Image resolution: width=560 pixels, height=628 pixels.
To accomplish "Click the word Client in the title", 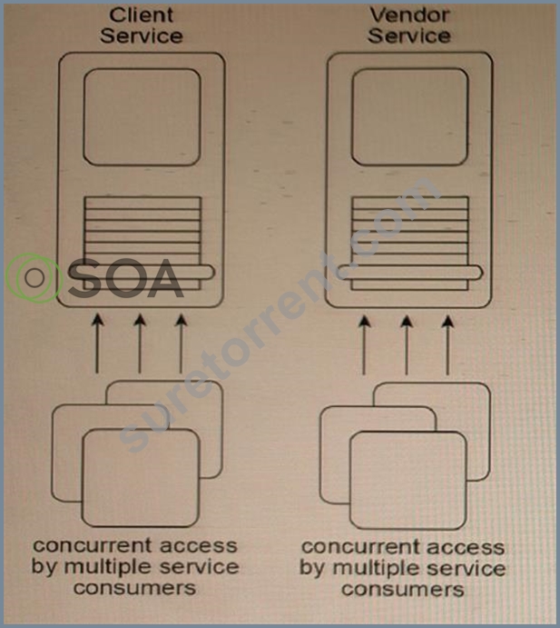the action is (x=142, y=15).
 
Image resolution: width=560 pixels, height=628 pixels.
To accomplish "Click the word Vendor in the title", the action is (x=409, y=15).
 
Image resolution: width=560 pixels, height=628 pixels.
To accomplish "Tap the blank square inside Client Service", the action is (x=142, y=117).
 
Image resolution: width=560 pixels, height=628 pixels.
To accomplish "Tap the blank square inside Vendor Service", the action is (x=410, y=117).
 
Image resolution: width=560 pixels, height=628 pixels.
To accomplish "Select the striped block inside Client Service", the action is (x=142, y=243).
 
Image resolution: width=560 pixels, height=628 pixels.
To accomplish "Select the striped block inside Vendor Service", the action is (x=410, y=243).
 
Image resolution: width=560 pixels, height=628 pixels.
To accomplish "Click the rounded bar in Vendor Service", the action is (x=409, y=273).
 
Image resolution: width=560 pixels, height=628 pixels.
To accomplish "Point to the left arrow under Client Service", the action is (x=97, y=344).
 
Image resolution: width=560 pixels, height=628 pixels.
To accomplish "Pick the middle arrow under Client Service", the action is (x=140, y=344).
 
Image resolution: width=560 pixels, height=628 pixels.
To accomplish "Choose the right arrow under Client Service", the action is (x=182, y=344).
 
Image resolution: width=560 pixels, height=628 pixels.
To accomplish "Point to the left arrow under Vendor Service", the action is (x=364, y=344).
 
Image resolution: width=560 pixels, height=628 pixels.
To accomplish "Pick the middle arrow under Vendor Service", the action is (x=407, y=344).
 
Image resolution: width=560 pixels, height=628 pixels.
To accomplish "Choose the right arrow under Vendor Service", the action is (x=447, y=344).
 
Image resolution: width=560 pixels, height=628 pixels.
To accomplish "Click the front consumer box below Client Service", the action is (x=141, y=478).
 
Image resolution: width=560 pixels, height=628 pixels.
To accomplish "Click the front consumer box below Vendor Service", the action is (x=408, y=480).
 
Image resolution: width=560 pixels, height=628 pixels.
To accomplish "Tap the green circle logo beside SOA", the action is (x=34, y=277).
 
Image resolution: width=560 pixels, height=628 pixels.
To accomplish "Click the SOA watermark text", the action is (x=126, y=277).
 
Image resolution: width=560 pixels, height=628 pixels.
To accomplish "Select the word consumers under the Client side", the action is (x=135, y=588).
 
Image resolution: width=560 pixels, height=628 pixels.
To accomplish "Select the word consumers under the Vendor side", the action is (x=403, y=590).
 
